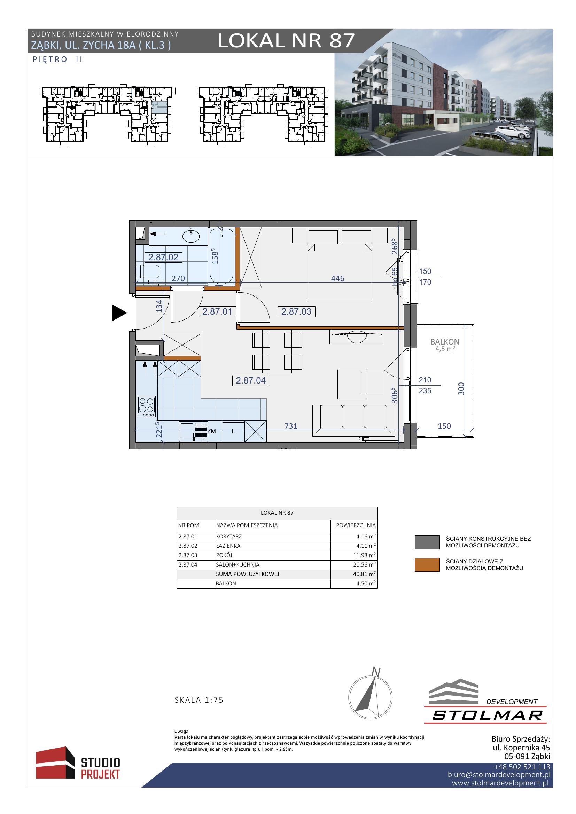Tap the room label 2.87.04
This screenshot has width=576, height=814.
[x=251, y=380]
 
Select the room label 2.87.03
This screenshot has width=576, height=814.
[x=296, y=311]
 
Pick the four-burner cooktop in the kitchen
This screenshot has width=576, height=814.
[x=147, y=406]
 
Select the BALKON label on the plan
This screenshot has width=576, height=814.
[x=445, y=342]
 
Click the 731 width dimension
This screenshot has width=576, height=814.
[x=291, y=426]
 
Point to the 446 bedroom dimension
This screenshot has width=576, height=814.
[x=338, y=279]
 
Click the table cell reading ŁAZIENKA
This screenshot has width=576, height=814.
[x=228, y=546]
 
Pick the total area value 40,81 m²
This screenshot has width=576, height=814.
[x=364, y=574]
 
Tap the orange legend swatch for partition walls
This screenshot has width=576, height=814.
[x=427, y=565]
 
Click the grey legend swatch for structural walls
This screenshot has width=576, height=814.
[x=427, y=542]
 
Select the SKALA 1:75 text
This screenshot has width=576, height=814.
[x=199, y=700]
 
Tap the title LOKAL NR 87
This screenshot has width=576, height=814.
[x=286, y=40]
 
